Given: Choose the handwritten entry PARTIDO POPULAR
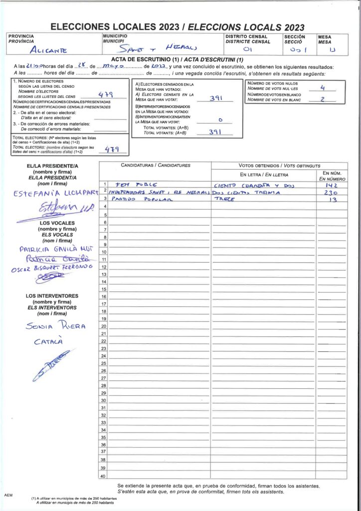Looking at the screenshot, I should (x=141, y=199).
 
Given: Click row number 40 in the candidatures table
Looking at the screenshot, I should (x=103, y=476).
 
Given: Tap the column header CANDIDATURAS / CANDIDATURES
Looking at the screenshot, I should (x=156, y=165).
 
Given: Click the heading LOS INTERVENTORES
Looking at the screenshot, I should (x=52, y=296).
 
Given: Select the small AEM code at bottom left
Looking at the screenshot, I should (x=8, y=495).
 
